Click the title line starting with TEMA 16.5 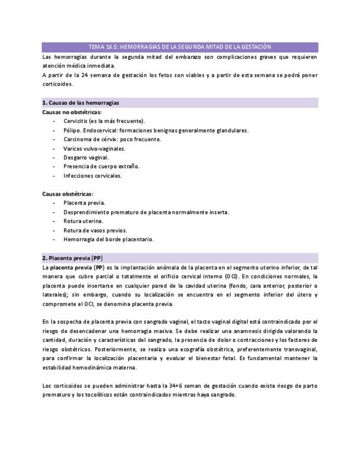tap(180, 47)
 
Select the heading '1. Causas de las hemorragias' tap(81, 103)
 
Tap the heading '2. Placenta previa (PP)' tap(72, 258)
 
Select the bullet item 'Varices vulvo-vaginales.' tap(94, 148)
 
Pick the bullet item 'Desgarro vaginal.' tap(86, 157)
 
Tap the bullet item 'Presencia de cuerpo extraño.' tap(101, 167)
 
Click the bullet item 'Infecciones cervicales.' tap(92, 176)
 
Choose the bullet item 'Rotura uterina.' tap(83, 221)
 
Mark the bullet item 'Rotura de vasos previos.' tap(95, 230)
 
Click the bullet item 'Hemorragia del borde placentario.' tap(108, 239)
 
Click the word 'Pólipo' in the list tap(73, 130)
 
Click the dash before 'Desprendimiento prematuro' tap(54, 212)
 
